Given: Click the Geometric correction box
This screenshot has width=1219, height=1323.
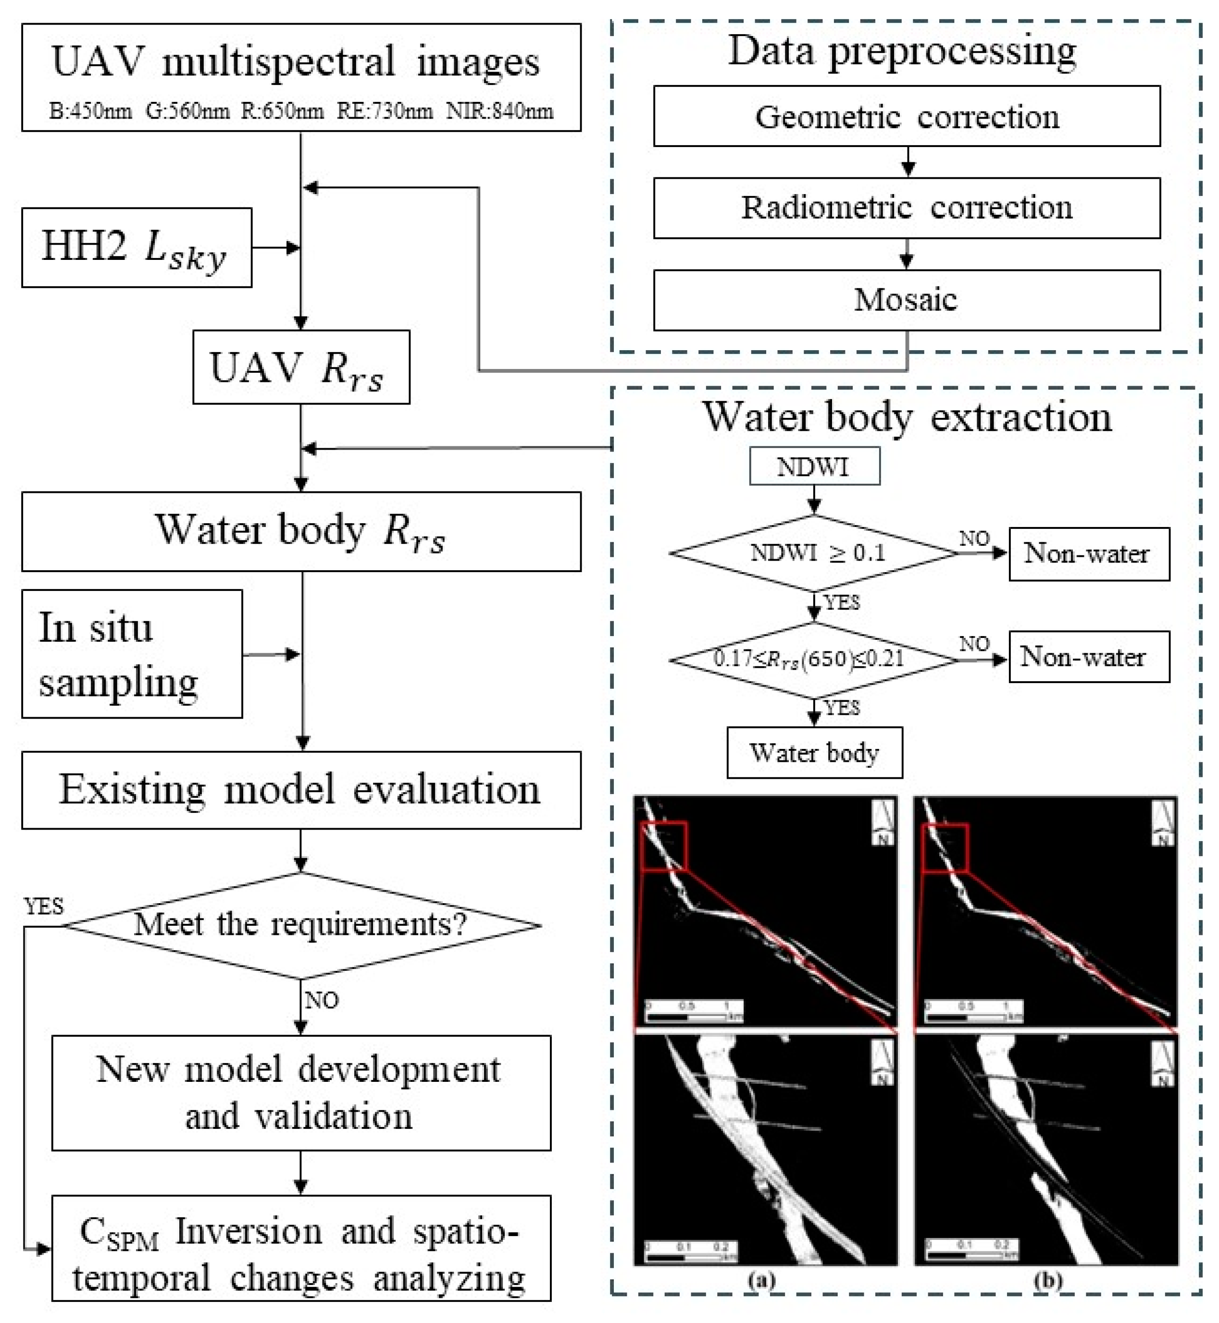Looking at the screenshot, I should (907, 116).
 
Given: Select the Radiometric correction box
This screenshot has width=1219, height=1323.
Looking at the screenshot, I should (907, 208).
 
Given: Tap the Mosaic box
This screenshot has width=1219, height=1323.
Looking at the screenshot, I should (907, 300).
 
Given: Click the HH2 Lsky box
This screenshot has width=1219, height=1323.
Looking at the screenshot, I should (137, 248).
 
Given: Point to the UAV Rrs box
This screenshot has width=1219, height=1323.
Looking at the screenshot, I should (301, 367).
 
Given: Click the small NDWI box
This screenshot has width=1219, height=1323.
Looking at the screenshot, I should (814, 466).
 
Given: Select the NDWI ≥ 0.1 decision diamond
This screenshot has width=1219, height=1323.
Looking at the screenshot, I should (814, 552).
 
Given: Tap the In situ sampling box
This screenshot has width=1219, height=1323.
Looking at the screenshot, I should (132, 653).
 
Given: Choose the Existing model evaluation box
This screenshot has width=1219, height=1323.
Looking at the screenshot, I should (301, 790).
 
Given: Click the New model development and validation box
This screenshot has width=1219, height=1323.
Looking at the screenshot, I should (301, 1092).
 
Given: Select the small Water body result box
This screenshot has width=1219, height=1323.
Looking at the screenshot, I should (814, 752).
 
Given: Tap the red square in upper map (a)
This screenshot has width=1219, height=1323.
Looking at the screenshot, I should (664, 846).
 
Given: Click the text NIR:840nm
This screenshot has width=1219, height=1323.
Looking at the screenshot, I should (499, 111).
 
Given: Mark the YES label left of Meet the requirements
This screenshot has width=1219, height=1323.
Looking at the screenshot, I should (44, 906).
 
